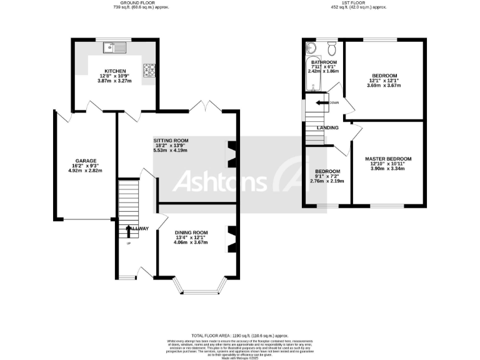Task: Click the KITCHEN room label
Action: tap(115, 71)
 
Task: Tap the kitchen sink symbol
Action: tap(115, 46)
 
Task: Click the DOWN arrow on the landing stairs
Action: tap(322, 102)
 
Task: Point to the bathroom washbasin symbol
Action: tap(311, 48)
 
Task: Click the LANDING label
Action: tap(327, 127)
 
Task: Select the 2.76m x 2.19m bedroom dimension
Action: tap(327, 181)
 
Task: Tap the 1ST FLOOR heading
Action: tap(358, 3)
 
